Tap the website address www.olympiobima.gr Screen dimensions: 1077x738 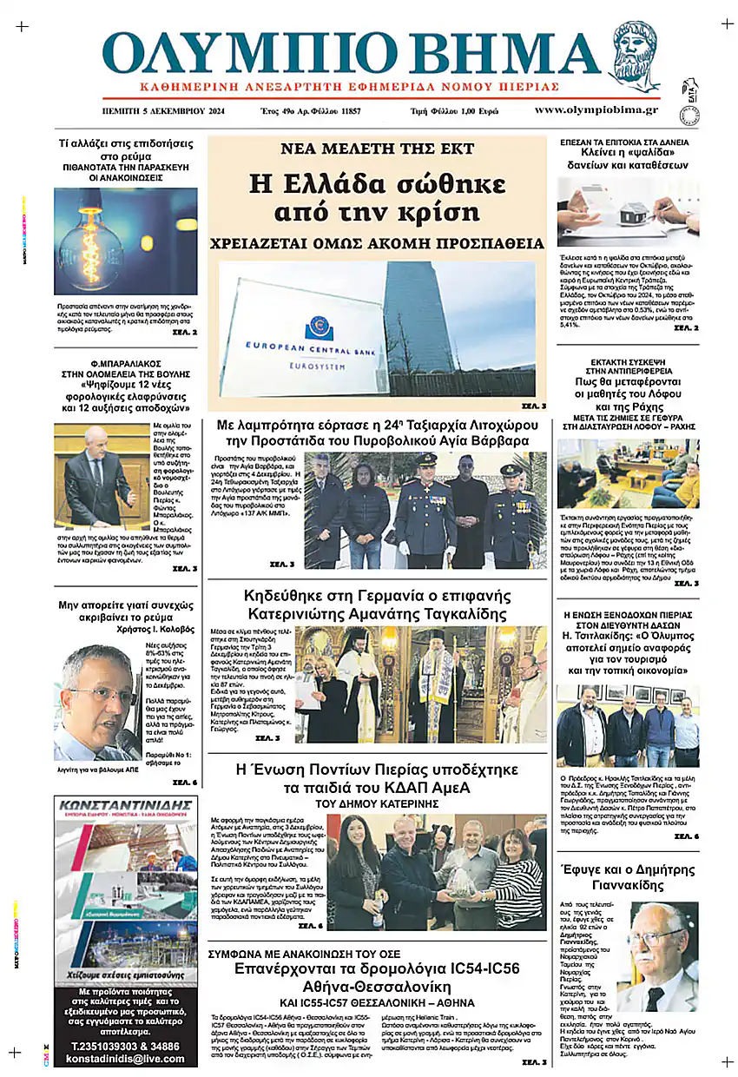(596, 110)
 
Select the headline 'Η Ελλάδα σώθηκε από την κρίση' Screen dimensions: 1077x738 (376, 197)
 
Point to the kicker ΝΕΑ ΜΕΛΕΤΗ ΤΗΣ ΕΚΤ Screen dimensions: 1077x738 (377, 149)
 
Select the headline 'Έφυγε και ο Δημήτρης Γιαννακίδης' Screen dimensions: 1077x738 (627, 877)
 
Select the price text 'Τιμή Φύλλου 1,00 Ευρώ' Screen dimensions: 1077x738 (454, 111)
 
